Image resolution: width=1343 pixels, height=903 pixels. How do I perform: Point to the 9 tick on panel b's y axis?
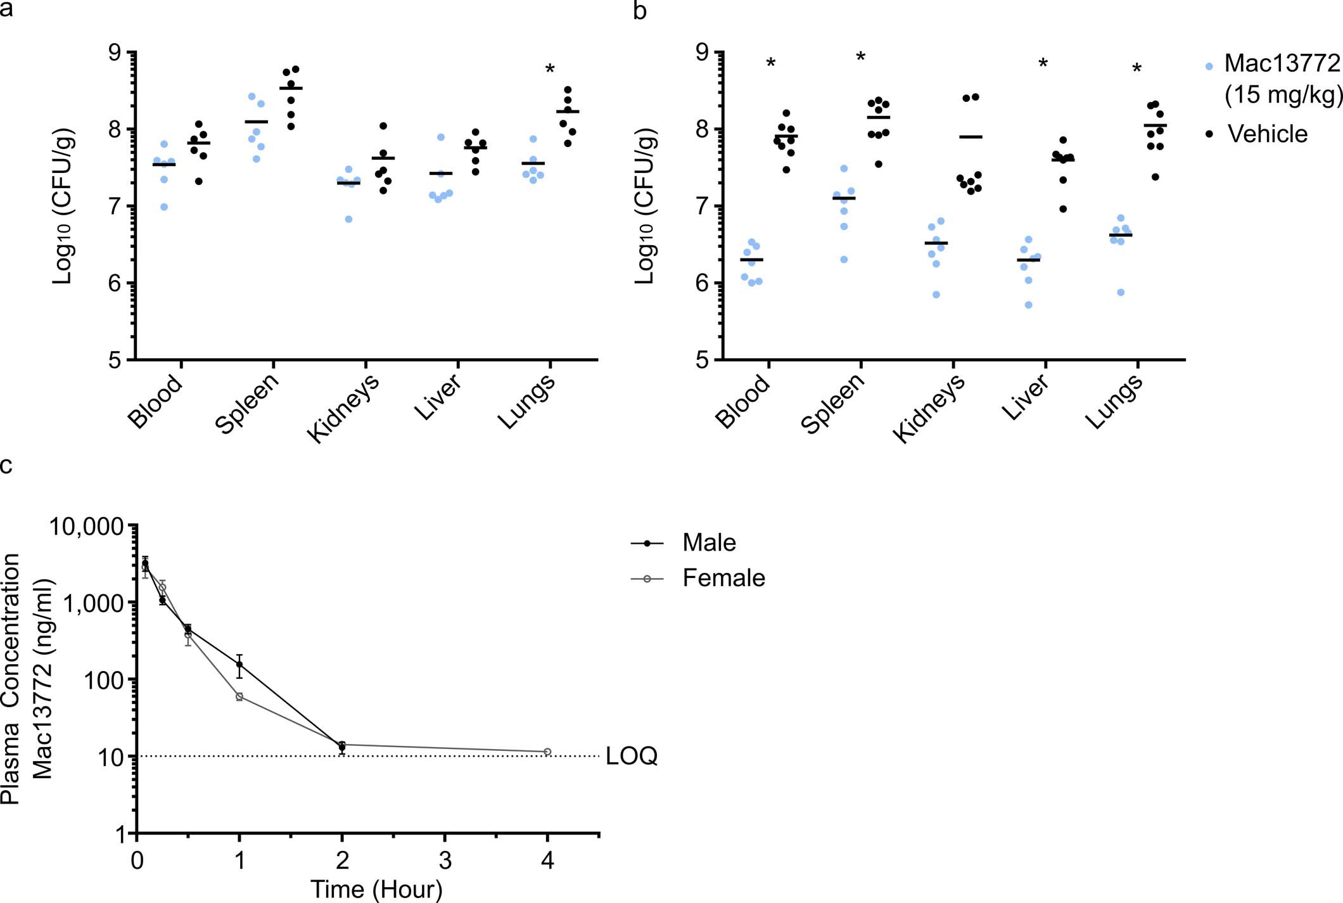click(704, 53)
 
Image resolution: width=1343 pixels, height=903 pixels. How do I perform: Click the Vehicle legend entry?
click(1267, 134)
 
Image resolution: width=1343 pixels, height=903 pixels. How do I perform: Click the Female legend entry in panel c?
click(723, 578)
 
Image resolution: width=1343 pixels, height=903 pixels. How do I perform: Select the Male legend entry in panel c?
click(709, 543)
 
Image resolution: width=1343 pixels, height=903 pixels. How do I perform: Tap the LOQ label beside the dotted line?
click(632, 756)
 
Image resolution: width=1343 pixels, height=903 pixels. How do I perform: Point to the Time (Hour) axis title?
click(376, 889)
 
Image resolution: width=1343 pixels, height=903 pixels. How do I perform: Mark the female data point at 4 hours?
click(547, 752)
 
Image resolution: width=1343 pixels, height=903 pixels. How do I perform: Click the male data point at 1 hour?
click(239, 665)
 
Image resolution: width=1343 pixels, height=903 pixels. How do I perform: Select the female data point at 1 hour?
click(239, 696)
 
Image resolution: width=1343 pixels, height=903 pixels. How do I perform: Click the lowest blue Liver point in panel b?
click(1029, 305)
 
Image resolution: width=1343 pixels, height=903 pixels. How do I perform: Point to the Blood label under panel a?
click(155, 400)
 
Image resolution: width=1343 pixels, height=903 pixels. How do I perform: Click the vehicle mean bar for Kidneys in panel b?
click(971, 137)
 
